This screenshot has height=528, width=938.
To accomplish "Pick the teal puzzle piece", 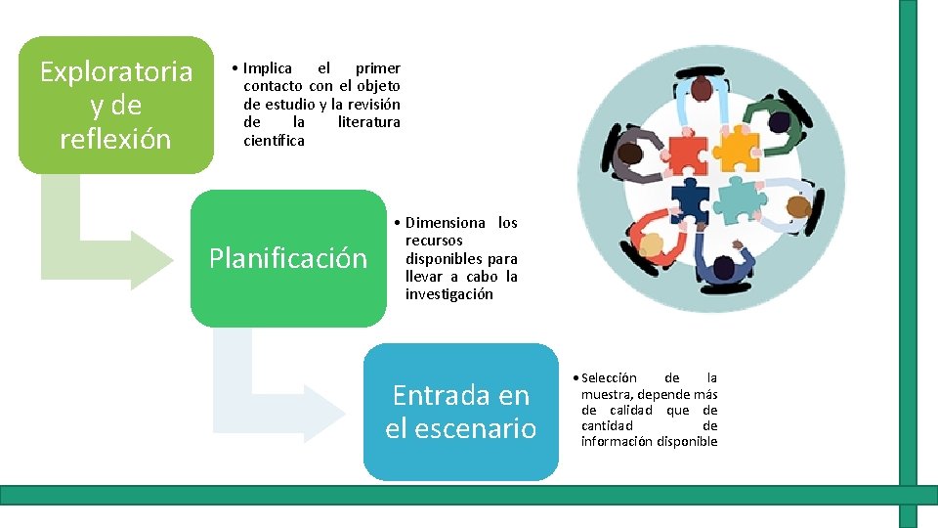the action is (739, 198).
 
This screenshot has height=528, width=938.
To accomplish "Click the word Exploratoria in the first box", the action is (116, 71).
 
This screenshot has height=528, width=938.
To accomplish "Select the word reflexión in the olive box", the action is (115, 139).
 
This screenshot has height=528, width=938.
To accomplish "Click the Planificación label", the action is (288, 258).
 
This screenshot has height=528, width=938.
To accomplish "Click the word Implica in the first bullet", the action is (268, 68).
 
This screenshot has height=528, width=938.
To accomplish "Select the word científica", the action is (274, 141).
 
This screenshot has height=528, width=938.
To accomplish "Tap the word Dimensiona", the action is (445, 223).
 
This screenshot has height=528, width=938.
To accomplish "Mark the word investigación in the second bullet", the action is (449, 294).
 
